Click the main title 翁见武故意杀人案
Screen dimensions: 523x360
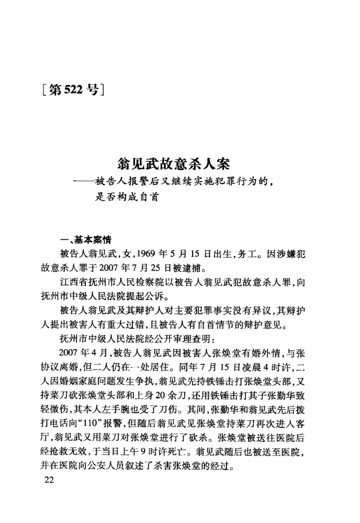pos(174,165)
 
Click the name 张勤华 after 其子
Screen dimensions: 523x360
pos(283,379)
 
